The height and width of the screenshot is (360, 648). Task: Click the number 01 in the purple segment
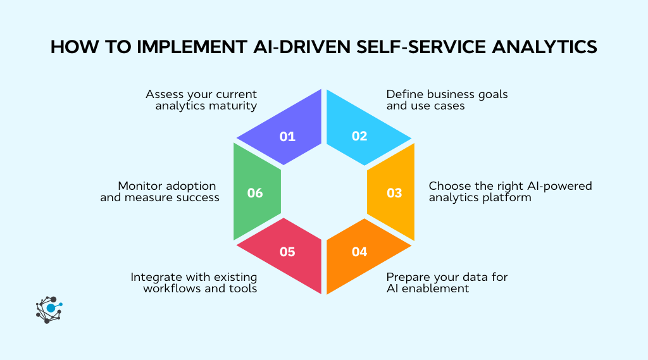[287, 136]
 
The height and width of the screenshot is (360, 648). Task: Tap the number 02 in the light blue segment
[359, 136]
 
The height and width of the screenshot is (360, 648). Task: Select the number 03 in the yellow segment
[394, 193]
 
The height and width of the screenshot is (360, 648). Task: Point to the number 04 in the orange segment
[359, 251]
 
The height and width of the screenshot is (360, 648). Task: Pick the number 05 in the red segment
[287, 251]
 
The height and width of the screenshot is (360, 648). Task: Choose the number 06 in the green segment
[255, 193]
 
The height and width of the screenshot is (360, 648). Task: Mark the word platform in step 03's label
[508, 197]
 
